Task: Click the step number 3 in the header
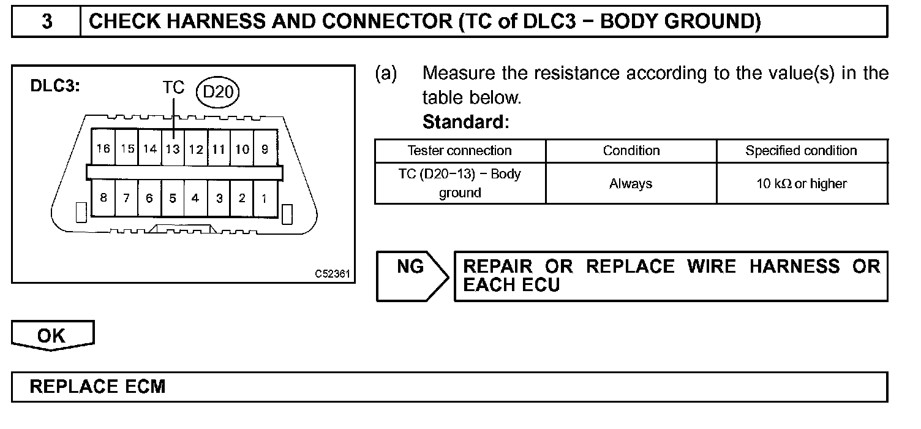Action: click(47, 22)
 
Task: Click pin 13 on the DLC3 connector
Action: click(173, 149)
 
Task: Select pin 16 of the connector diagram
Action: click(103, 149)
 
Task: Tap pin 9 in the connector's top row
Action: click(265, 149)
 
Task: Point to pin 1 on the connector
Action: click(265, 198)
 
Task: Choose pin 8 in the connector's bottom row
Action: click(103, 198)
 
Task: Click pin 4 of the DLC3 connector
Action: click(195, 198)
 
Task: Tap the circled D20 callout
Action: click(219, 93)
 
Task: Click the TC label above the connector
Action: click(173, 88)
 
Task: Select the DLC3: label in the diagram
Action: click(55, 86)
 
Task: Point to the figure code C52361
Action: click(333, 274)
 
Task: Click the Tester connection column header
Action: click(459, 151)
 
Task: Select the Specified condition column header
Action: click(801, 151)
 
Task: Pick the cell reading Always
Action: click(631, 183)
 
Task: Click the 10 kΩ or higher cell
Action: click(801, 183)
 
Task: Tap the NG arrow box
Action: click(411, 276)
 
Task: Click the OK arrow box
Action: click(52, 336)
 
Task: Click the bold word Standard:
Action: click(465, 122)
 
